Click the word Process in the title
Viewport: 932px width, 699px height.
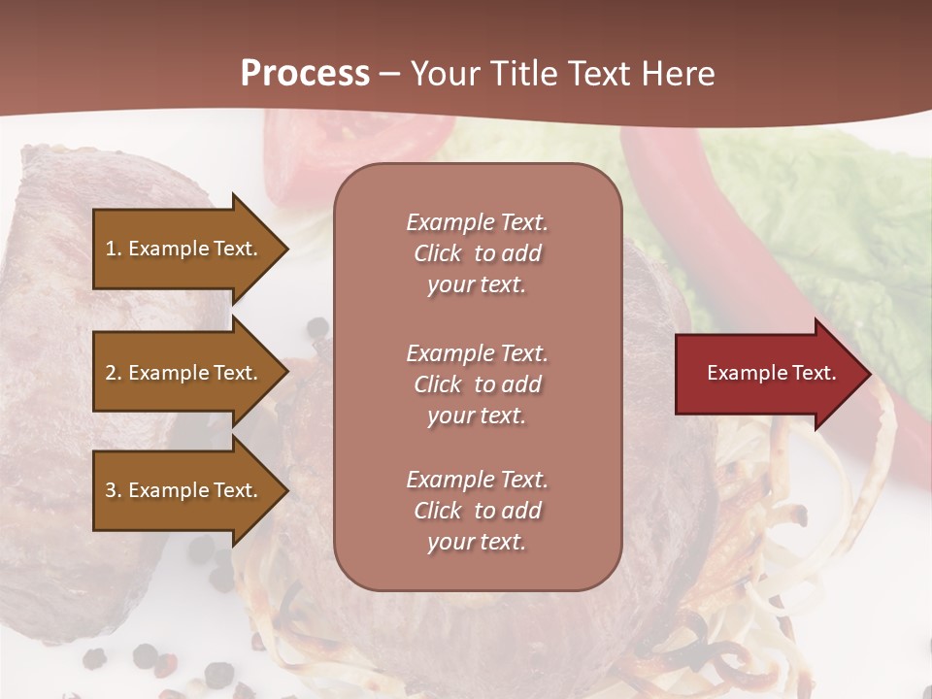point(305,74)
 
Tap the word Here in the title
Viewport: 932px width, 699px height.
point(677,74)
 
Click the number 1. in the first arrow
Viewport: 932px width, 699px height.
point(114,249)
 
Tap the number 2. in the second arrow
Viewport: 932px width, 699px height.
point(114,373)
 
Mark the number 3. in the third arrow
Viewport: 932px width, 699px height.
point(114,490)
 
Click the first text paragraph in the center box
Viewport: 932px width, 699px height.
point(477,253)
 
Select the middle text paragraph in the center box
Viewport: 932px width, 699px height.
point(477,384)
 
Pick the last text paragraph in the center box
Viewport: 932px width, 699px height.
point(477,511)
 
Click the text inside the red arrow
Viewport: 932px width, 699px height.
point(771,373)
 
